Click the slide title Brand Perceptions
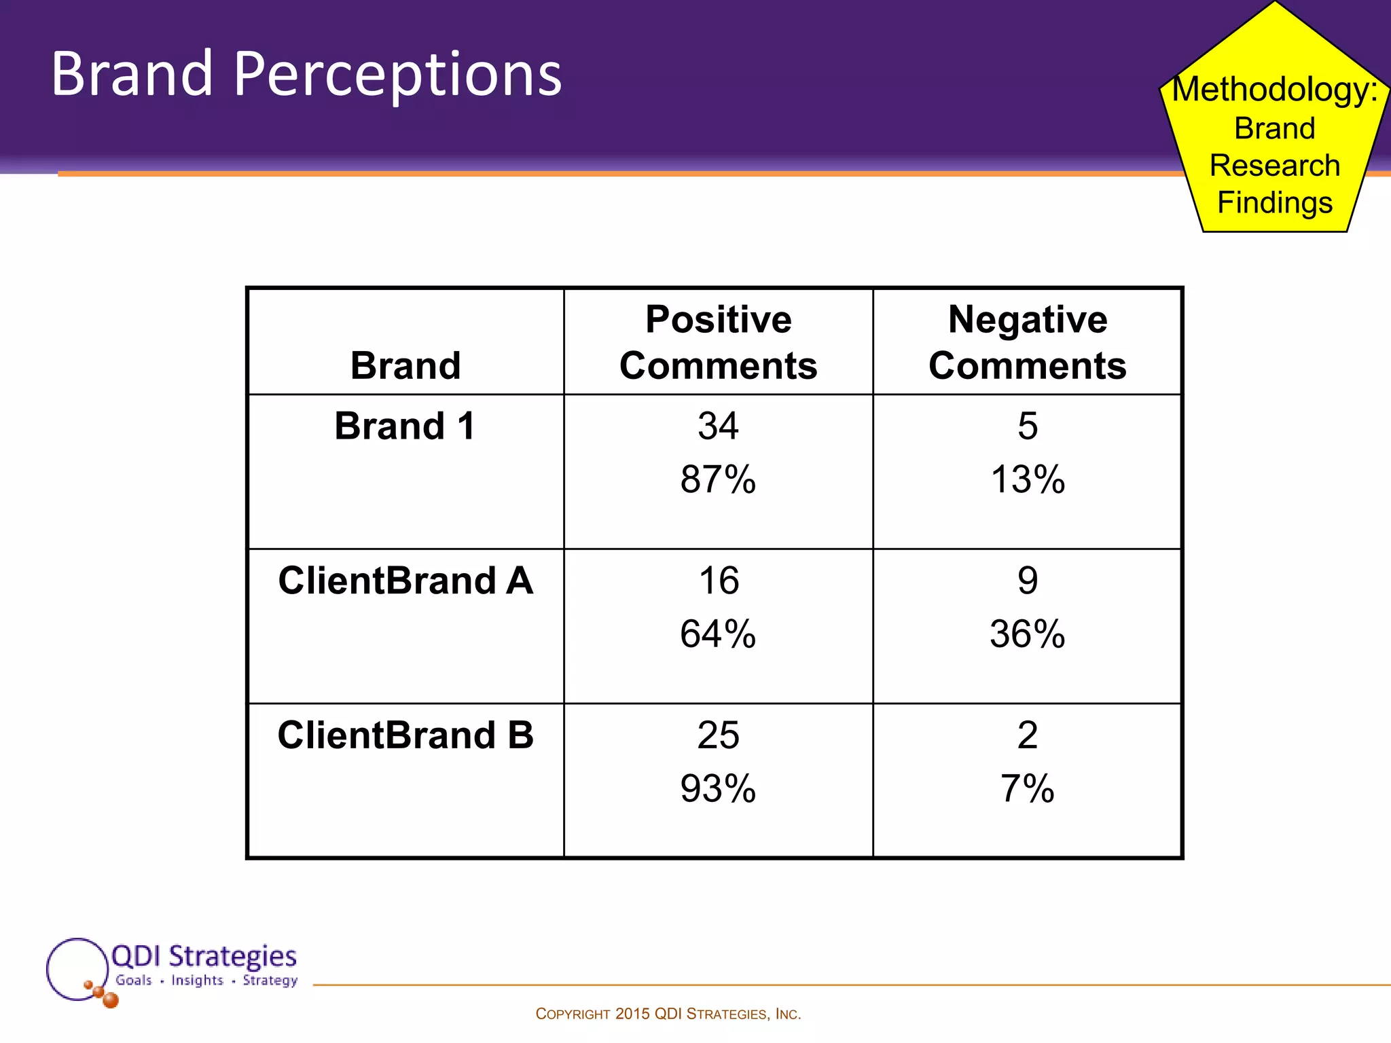click(x=306, y=75)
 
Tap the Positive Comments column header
click(x=718, y=342)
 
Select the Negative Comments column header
click(x=1027, y=342)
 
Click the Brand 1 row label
click(x=405, y=426)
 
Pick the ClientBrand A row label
click(x=405, y=581)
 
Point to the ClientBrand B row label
click(x=405, y=735)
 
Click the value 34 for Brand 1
click(x=718, y=426)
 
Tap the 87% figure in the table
click(x=718, y=479)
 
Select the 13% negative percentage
click(x=1028, y=479)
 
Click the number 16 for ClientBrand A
click(x=719, y=581)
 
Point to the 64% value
click(x=718, y=634)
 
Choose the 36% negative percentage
click(x=1028, y=634)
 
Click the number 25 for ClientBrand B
click(x=718, y=735)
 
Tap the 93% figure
click(x=718, y=789)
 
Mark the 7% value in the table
click(x=1028, y=789)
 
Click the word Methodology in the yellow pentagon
click(x=1274, y=90)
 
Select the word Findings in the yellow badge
click(x=1275, y=203)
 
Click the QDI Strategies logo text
click(x=204, y=956)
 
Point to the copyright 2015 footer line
click(x=668, y=1014)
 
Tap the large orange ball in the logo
click(x=110, y=1000)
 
